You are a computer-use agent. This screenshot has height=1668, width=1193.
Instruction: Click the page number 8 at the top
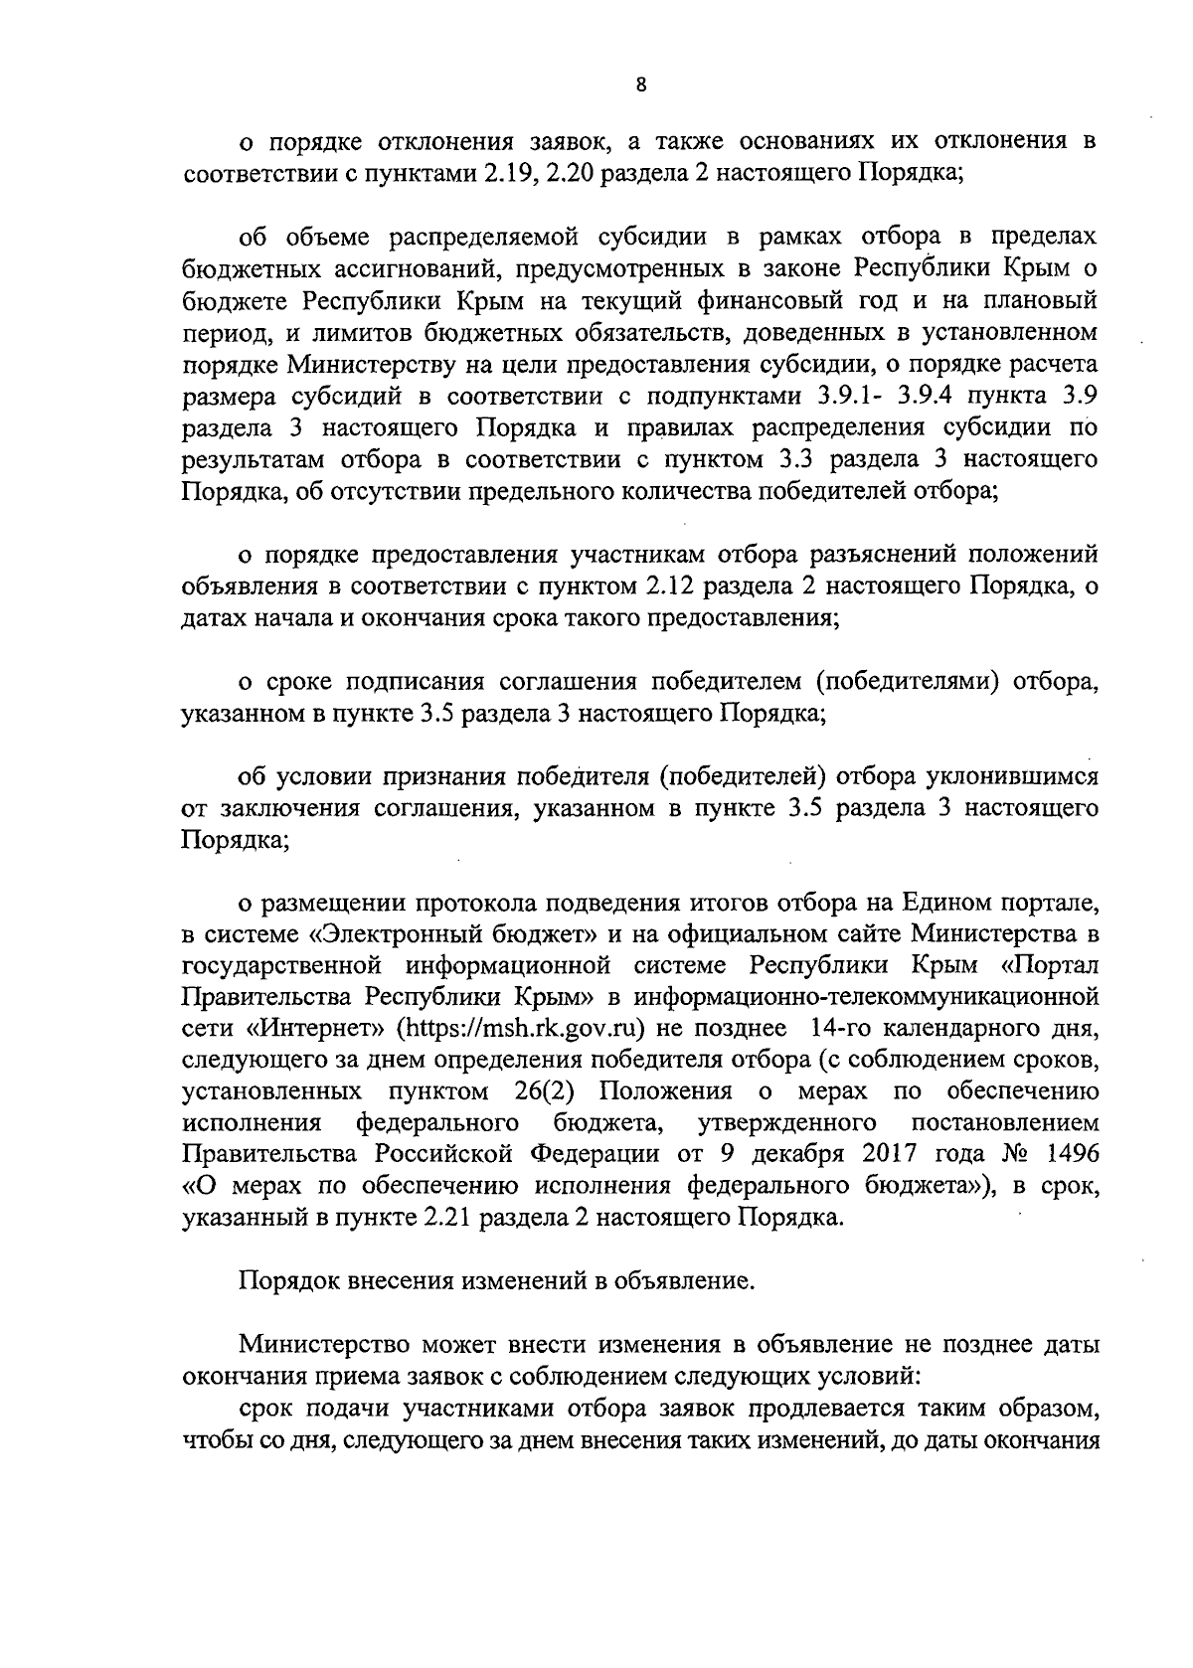pyautogui.click(x=641, y=85)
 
